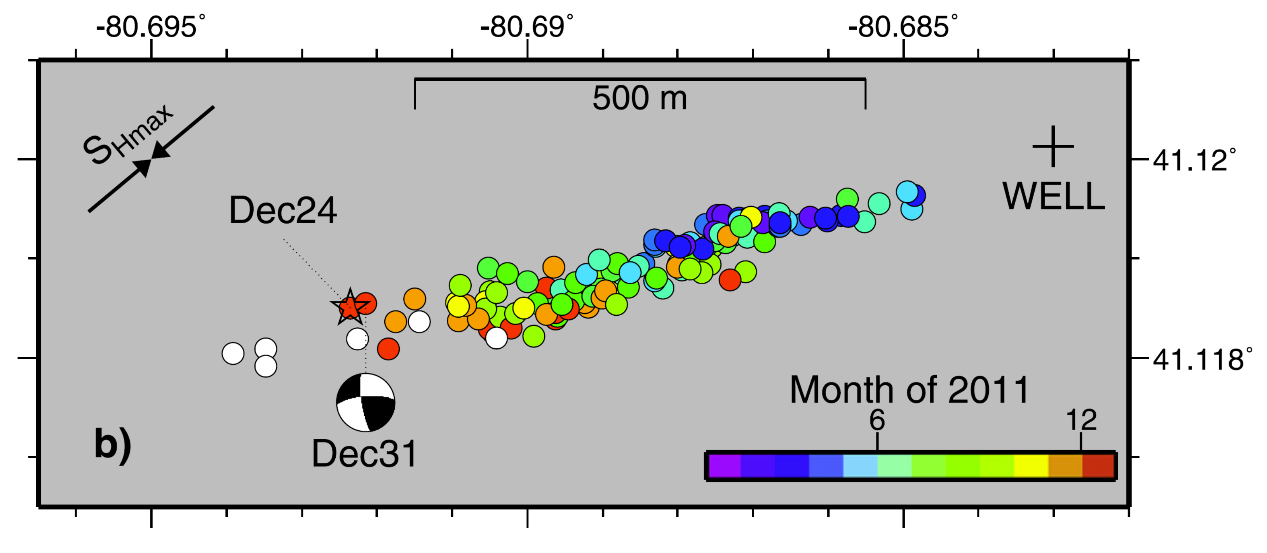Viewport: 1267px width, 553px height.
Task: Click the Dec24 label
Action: pyautogui.click(x=283, y=210)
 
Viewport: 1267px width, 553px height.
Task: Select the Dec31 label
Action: pyautogui.click(x=364, y=454)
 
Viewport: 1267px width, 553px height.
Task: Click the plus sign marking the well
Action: pyautogui.click(x=1053, y=146)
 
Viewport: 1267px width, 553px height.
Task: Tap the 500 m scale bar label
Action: pyautogui.click(x=640, y=98)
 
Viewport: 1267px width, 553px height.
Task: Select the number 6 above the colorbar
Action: pyautogui.click(x=877, y=420)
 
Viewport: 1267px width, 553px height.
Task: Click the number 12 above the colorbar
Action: pyautogui.click(x=1081, y=420)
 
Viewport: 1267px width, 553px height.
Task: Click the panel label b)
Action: pyautogui.click(x=113, y=444)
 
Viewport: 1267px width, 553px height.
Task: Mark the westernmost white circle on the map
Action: pyautogui.click(x=233, y=353)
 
